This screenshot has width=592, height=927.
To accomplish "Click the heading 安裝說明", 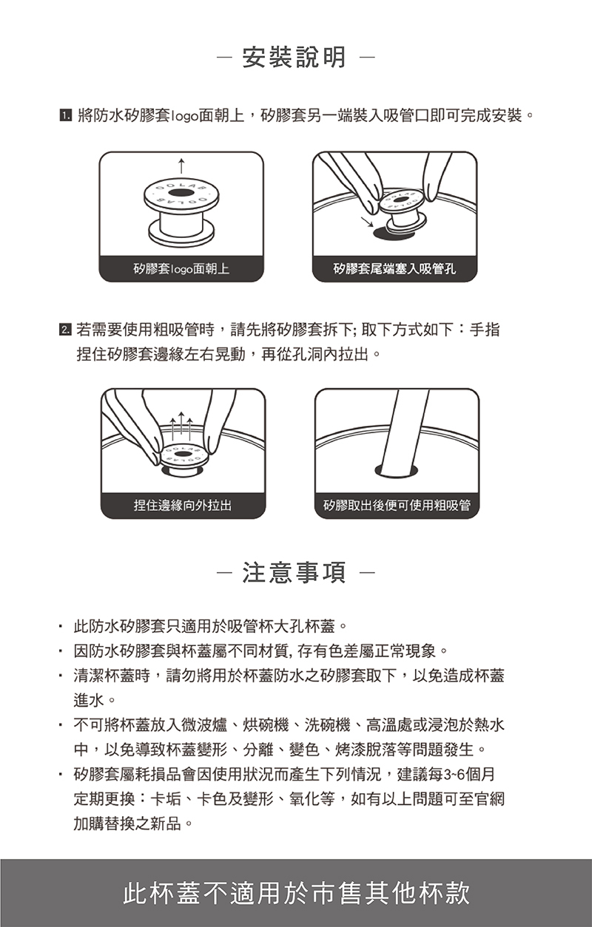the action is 294,57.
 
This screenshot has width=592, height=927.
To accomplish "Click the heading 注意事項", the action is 294,573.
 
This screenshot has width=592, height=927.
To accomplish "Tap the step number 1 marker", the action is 65,115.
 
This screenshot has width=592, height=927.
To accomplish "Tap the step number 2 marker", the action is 65,330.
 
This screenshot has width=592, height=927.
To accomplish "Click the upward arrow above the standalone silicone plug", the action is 181,166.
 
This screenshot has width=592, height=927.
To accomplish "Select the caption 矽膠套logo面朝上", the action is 181,269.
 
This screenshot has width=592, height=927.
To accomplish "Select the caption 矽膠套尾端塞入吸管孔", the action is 394,269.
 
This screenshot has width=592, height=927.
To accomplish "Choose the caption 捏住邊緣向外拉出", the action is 183,506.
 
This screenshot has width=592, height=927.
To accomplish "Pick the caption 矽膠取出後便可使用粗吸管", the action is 397,506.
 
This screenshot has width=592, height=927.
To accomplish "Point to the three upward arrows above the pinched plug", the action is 181,427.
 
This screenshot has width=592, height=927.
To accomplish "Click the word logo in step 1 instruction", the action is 184,116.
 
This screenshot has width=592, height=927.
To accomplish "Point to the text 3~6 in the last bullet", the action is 454,774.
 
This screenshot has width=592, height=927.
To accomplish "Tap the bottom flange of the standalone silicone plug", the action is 182,232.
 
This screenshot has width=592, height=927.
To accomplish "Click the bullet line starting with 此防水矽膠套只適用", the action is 210,626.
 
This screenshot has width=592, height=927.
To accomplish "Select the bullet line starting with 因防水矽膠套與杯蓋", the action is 260,651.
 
